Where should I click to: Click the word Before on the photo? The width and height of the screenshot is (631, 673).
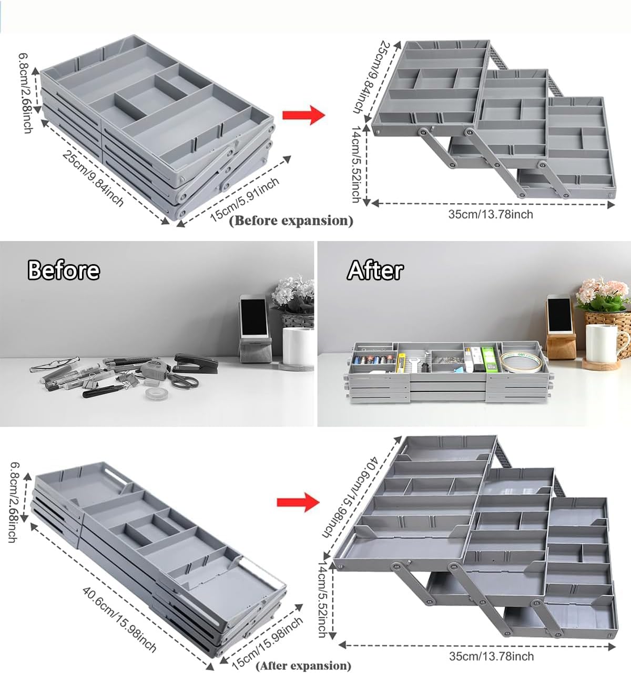(63, 270)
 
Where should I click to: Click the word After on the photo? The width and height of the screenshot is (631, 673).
(375, 270)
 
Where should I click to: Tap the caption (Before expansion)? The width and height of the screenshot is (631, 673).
(291, 220)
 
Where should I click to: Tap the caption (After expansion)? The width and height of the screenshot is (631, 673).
(303, 665)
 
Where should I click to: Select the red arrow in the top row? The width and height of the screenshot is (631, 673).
(304, 115)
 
